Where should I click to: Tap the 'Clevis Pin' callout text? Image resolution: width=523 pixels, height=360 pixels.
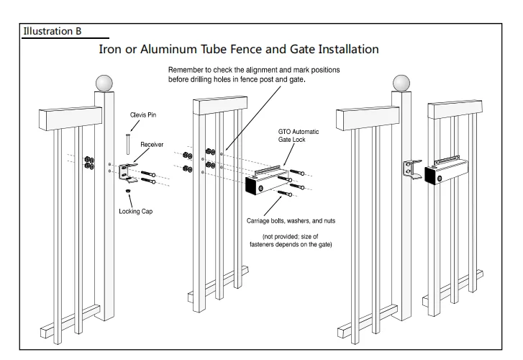pos(142,114)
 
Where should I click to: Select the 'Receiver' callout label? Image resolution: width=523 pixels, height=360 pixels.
pos(152,144)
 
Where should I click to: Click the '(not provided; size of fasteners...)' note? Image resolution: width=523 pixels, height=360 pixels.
pos(296,242)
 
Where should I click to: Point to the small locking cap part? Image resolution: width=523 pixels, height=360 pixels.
pos(127,191)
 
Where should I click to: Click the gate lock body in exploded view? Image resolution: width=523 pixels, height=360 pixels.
pos(266,181)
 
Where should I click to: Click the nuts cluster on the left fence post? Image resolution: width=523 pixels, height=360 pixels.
pos(89,162)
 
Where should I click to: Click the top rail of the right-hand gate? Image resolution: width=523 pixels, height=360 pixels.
pos(453,109)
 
